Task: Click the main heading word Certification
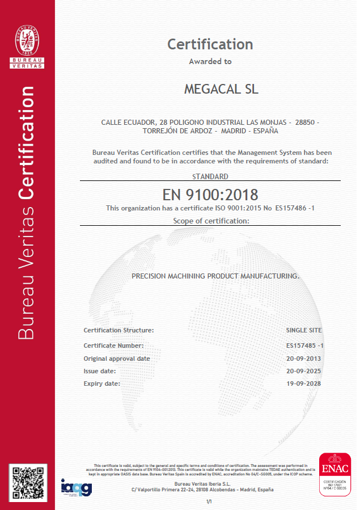(x=210, y=44)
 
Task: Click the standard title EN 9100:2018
(x=210, y=195)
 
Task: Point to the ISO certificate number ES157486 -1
(x=295, y=208)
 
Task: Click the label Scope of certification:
(x=210, y=221)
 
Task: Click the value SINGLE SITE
(x=304, y=330)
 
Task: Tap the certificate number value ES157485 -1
(x=305, y=345)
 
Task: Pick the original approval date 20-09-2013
(x=304, y=359)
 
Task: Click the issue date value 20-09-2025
(x=304, y=371)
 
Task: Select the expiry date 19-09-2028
(x=304, y=384)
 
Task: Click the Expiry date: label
(x=101, y=384)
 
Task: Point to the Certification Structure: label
(x=118, y=330)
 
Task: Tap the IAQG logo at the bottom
(x=76, y=486)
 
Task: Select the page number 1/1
(x=209, y=501)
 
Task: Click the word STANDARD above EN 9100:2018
(x=210, y=176)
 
